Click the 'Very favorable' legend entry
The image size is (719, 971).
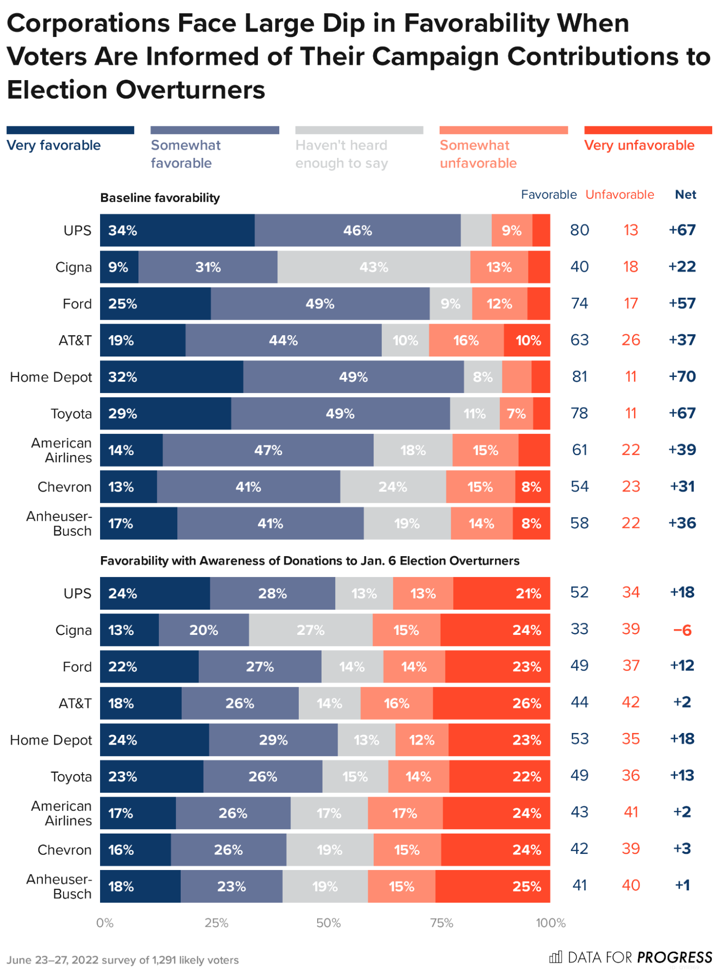53,145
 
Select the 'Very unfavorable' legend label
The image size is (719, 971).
639,145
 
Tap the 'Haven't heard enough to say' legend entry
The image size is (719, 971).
342,154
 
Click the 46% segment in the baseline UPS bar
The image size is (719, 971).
358,230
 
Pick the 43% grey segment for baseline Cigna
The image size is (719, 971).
374,267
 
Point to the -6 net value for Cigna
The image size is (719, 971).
682,630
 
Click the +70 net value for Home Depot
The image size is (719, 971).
682,376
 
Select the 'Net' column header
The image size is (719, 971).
685,195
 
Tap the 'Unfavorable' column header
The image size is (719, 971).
619,195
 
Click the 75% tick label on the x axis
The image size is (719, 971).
442,923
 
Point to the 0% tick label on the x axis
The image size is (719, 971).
105,923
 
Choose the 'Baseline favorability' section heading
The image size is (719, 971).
160,198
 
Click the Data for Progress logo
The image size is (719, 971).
630,957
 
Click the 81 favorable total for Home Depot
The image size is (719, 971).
580,376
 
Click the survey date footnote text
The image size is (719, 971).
123,960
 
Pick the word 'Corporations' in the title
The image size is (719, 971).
88,23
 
